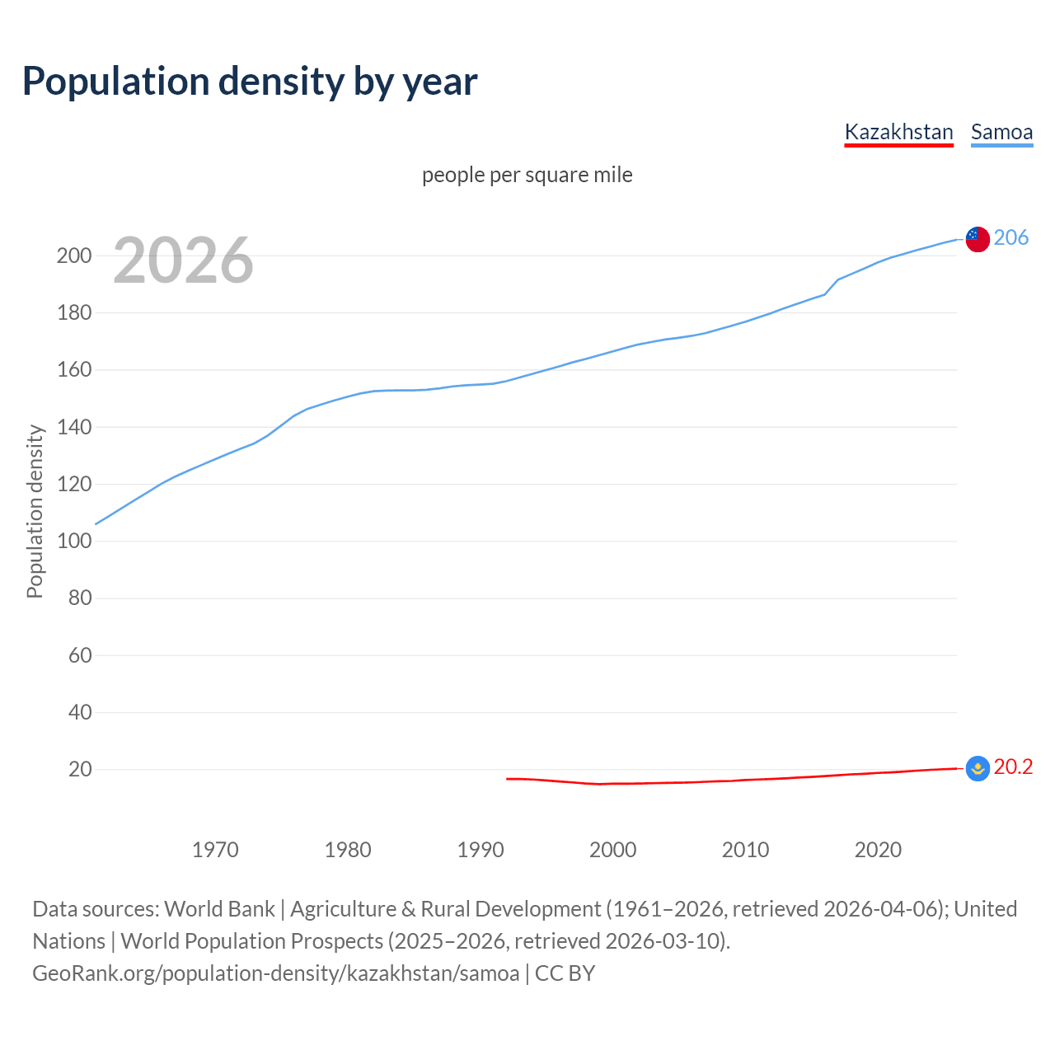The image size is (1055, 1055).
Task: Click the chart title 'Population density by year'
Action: click(250, 82)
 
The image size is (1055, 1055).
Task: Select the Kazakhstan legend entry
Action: click(898, 132)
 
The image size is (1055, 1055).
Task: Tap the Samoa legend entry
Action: click(1001, 132)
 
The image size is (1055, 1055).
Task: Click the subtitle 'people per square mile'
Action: click(527, 175)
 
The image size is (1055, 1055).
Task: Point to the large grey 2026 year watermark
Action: click(183, 260)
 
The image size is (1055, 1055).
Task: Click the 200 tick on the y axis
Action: click(73, 256)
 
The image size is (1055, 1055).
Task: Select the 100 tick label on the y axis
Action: click(73, 542)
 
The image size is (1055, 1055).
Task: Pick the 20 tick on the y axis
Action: click(79, 770)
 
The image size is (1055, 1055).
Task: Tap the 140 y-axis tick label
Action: click(73, 427)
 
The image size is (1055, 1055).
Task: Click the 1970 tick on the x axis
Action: click(215, 850)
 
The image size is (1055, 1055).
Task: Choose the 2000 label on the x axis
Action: click(612, 850)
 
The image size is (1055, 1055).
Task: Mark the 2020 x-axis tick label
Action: click(878, 850)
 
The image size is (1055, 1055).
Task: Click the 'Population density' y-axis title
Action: click(35, 511)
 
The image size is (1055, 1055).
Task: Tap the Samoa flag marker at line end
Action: click(977, 239)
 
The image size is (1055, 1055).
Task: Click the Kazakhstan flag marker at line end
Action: click(977, 768)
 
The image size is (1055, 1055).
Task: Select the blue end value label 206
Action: click(1010, 237)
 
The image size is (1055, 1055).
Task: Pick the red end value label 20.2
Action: click(1013, 767)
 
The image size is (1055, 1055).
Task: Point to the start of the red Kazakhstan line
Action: click(508, 779)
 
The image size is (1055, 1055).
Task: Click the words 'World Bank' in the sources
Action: click(219, 908)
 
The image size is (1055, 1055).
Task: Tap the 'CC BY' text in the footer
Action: click(565, 973)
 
